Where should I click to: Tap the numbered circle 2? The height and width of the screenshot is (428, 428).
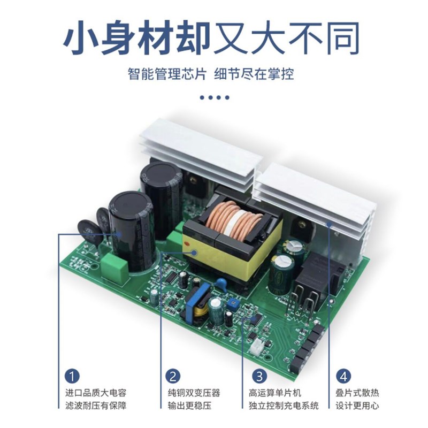pos(172,376)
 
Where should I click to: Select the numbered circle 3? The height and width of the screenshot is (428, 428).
pos(258,376)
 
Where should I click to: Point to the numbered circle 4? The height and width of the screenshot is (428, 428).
pos(343,376)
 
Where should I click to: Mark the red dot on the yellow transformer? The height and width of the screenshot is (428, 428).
pos(187,245)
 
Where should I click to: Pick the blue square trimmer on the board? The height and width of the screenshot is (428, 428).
pos(232,303)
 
